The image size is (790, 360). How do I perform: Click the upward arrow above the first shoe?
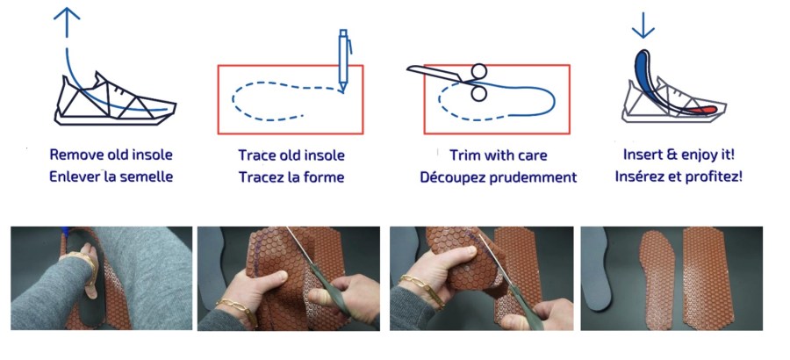point(67,23)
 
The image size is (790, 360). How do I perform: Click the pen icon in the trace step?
point(344,61)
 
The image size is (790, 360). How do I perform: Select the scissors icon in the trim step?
point(449,81)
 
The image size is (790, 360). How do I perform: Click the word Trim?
point(464,155)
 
